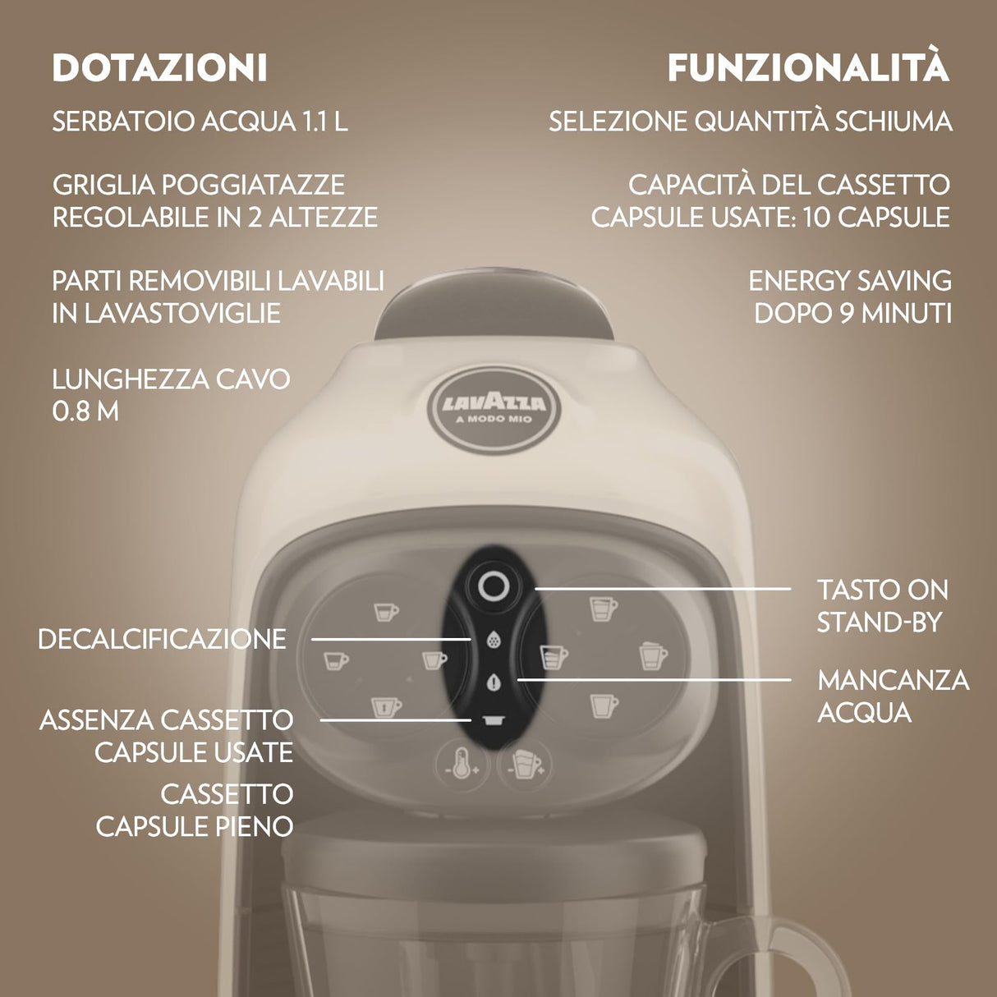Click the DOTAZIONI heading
click(159, 68)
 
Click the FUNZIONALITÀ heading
click(808, 68)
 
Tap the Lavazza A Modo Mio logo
click(494, 407)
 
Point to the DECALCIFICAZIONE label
click(162, 639)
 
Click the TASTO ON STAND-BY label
click(882, 606)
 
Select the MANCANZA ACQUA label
click(893, 696)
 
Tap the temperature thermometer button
click(462, 765)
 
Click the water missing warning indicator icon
click(494, 681)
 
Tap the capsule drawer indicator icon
click(494, 720)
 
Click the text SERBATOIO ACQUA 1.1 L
click(200, 122)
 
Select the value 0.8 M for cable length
click(85, 411)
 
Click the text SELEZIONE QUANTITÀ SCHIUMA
click(750, 122)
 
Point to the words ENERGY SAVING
click(849, 281)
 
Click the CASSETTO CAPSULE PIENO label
click(195, 810)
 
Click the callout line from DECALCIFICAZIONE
click(390, 639)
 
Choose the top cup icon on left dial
click(385, 612)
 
